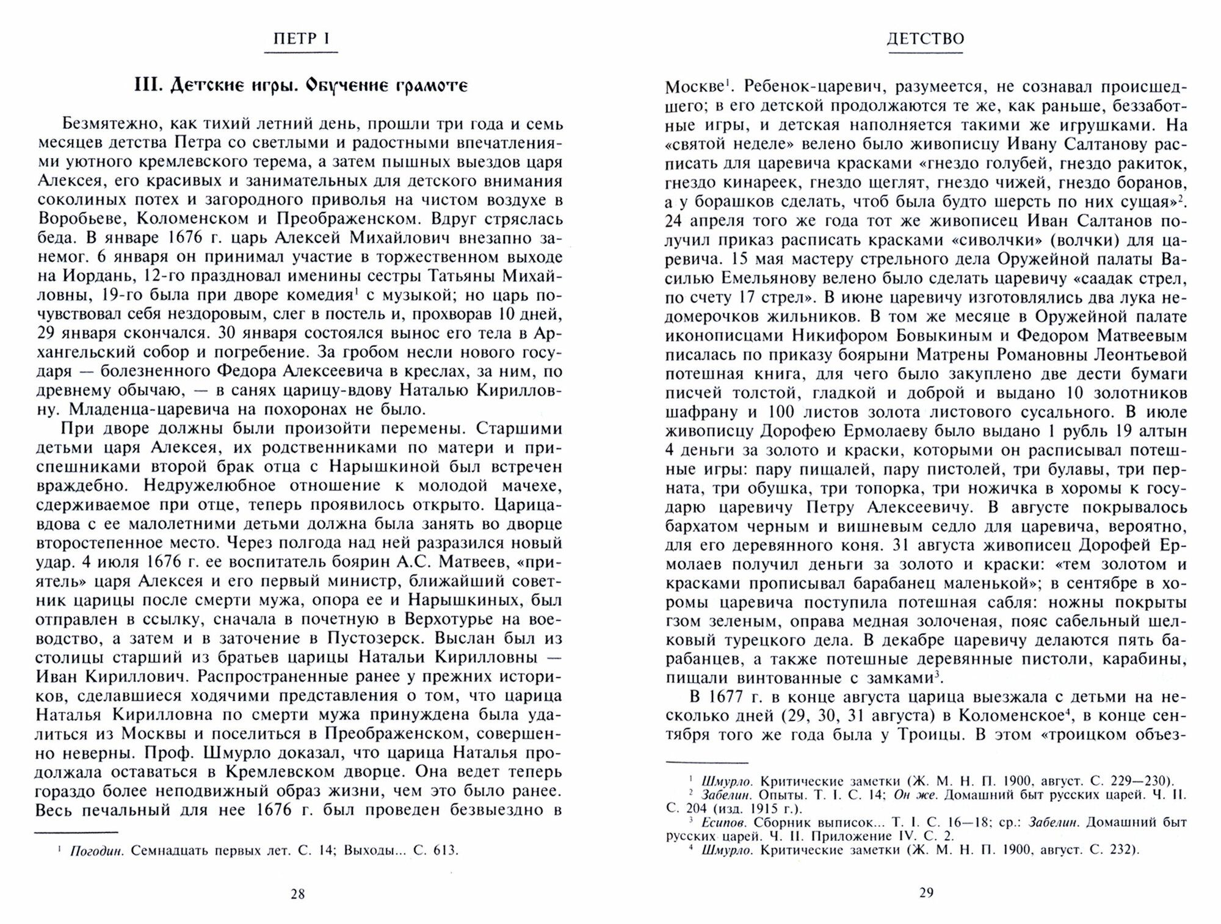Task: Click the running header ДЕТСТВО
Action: pyautogui.click(x=926, y=39)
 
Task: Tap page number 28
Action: pyautogui.click(x=297, y=894)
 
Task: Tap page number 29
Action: pyautogui.click(x=926, y=893)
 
